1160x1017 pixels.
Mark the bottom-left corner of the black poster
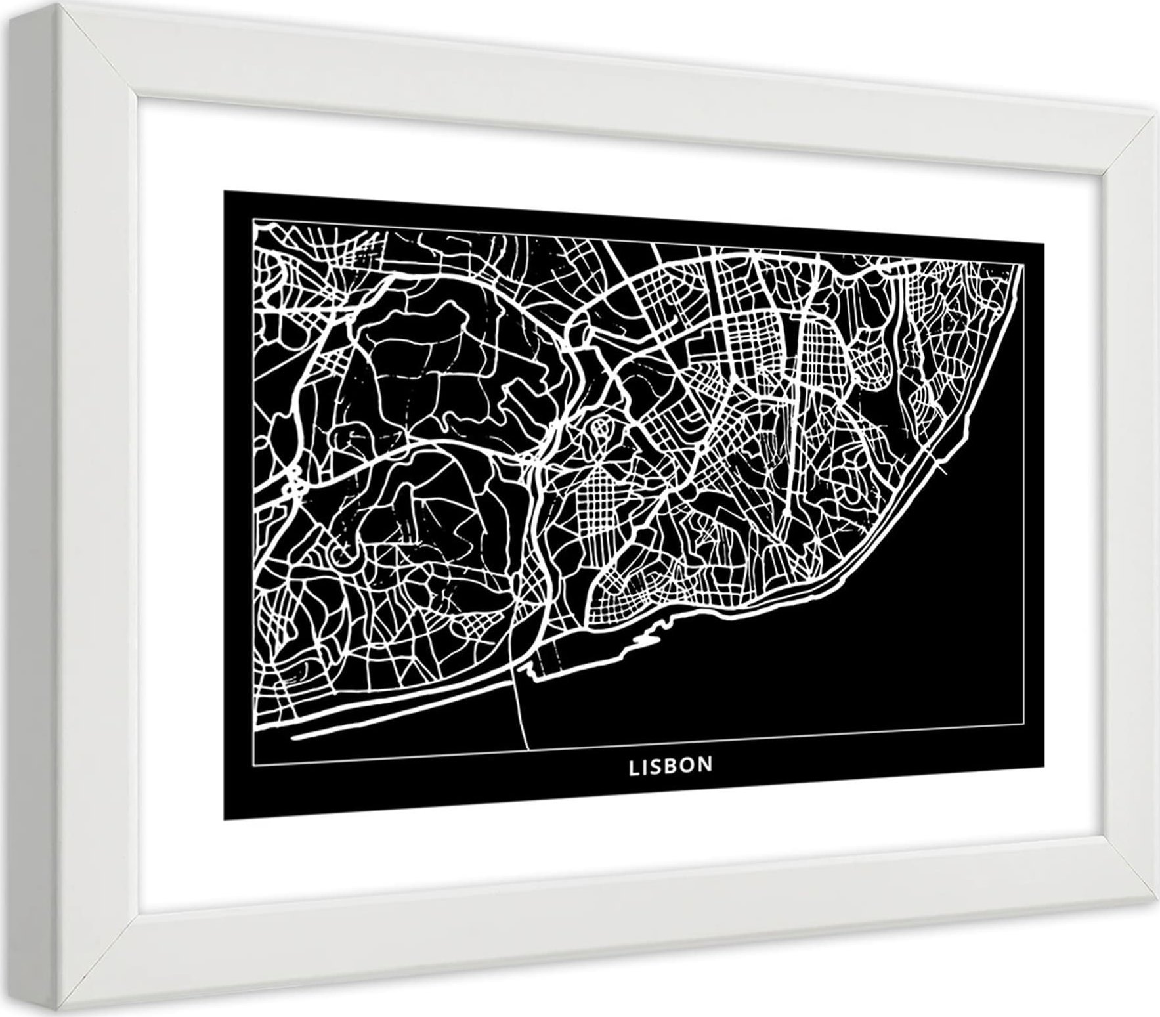224,820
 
